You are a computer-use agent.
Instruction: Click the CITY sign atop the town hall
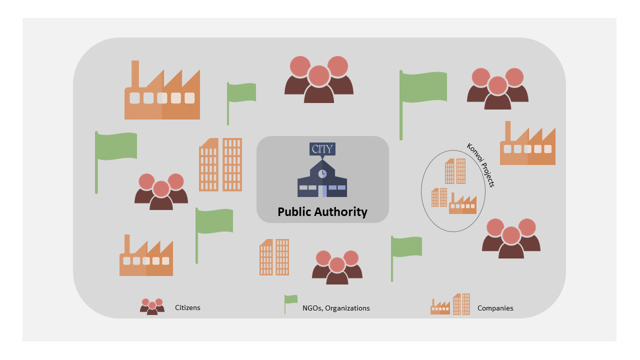(322, 149)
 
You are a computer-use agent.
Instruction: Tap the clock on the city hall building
(322, 173)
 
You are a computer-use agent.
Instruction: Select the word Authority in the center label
(340, 212)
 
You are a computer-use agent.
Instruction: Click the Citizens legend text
(187, 307)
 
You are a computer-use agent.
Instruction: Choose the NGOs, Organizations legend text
(336, 308)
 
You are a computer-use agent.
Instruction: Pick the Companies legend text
(495, 308)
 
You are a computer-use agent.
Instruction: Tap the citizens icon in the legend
(152, 306)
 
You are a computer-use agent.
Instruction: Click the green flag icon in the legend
(291, 303)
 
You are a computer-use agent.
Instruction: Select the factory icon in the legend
(440, 306)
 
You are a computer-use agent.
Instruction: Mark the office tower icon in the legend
(461, 304)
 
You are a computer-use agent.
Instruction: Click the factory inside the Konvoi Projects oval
(462, 203)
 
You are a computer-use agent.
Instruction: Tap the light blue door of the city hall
(324, 191)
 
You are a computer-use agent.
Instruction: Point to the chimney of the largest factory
(135, 74)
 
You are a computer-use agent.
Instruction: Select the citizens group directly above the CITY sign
(319, 79)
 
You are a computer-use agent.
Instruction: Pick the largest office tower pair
(220, 164)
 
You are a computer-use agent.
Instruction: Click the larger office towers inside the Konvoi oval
(455, 171)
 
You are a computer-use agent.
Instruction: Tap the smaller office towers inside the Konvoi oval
(439, 197)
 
